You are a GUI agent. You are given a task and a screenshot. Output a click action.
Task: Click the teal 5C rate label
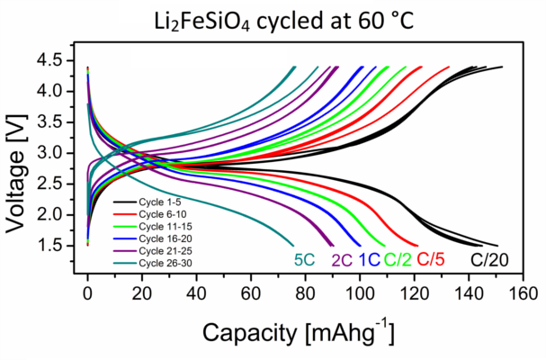(304, 260)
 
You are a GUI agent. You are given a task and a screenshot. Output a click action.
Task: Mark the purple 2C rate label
(341, 260)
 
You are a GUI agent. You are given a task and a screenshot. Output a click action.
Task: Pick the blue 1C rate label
(368, 260)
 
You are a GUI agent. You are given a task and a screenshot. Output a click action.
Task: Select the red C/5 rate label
(430, 260)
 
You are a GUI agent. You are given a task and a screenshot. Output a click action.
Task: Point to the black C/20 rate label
(488, 260)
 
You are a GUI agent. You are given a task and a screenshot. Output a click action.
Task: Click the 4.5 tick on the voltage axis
(59, 60)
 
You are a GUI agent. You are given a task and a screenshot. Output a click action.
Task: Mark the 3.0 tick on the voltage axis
(59, 153)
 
